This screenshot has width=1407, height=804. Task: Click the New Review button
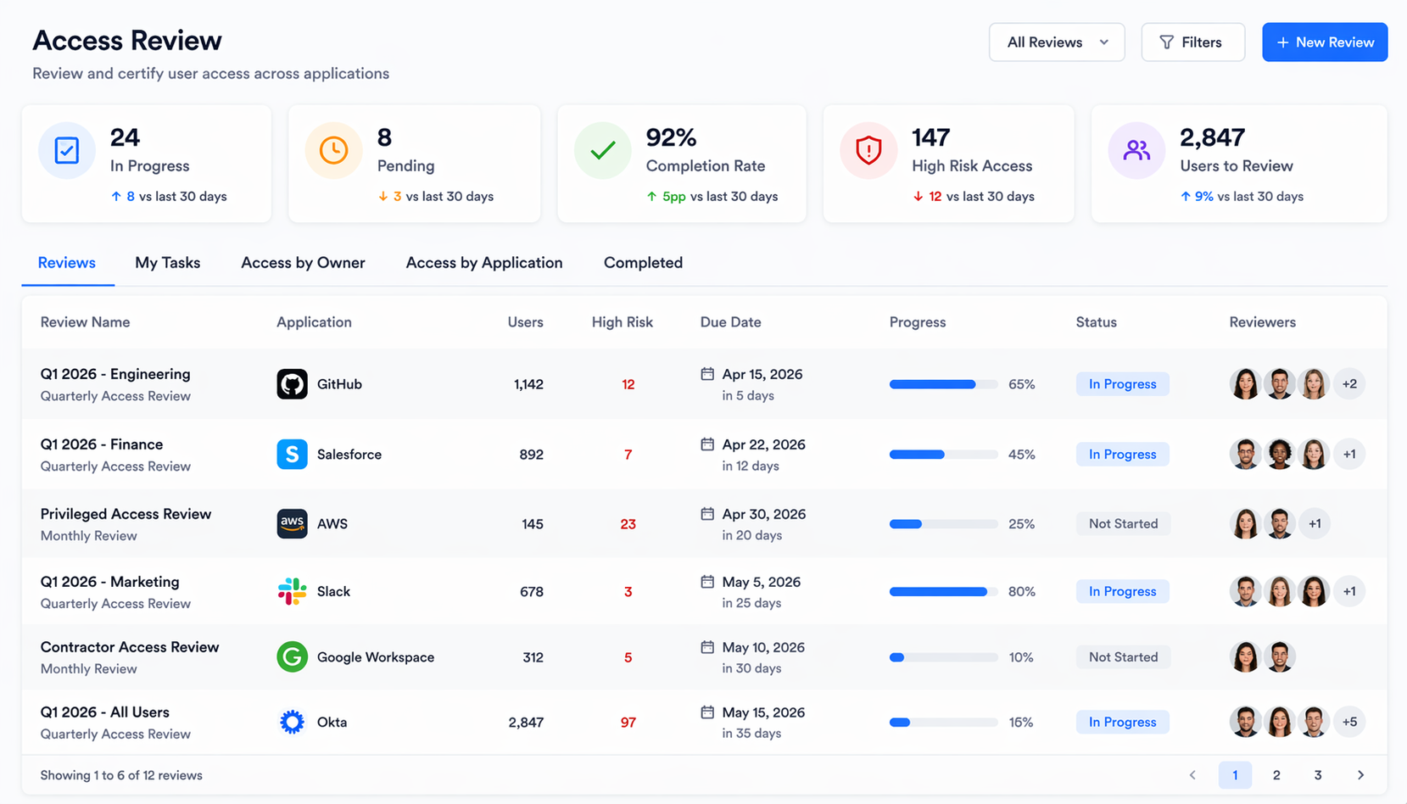click(1324, 42)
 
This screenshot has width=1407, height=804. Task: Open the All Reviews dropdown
click(1056, 42)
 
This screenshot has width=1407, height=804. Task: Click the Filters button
click(1192, 42)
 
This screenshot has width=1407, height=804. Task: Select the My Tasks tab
click(167, 263)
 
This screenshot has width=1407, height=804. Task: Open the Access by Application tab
click(483, 263)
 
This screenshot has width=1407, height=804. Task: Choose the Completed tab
click(642, 263)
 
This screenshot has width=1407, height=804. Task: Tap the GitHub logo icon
click(292, 384)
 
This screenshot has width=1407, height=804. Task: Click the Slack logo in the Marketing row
click(292, 591)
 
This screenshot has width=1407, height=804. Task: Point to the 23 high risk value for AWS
click(628, 524)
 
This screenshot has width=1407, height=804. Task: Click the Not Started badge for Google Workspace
click(1122, 657)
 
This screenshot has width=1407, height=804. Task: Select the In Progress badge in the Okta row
click(1122, 722)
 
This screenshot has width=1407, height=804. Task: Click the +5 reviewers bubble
click(1348, 722)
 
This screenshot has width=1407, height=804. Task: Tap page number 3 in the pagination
click(1317, 775)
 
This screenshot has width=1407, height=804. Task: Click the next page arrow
click(1360, 775)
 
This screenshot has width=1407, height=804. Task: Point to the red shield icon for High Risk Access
click(868, 151)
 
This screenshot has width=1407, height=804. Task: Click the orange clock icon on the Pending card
click(333, 151)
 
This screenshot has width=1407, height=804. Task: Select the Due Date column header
click(730, 322)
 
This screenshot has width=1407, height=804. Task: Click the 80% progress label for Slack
click(1021, 591)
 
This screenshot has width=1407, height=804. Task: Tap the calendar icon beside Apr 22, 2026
click(707, 444)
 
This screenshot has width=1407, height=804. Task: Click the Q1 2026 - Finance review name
click(102, 444)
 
